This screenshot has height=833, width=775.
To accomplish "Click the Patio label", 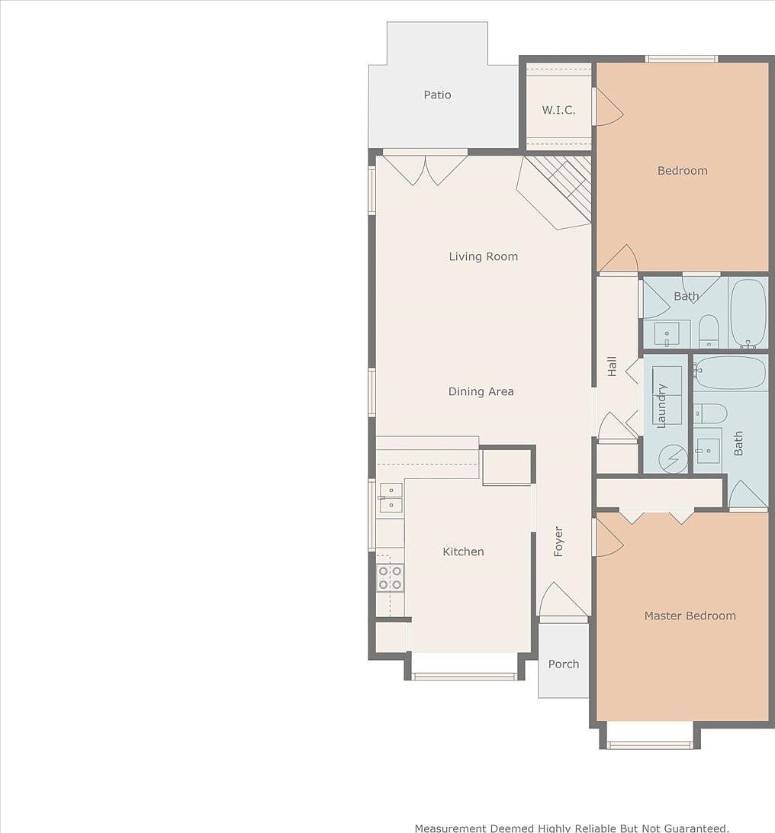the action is (437, 95).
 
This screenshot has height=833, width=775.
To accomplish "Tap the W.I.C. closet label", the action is (558, 110).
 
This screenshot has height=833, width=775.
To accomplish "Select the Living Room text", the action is (484, 256).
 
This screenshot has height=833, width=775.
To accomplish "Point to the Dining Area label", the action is (481, 391).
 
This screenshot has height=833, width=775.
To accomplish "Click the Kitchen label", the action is (463, 552).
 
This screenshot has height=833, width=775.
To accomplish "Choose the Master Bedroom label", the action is (690, 616).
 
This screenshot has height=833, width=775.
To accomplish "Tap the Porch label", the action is (564, 664).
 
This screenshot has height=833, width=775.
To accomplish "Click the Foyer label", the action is (558, 542).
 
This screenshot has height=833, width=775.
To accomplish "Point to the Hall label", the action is (612, 367).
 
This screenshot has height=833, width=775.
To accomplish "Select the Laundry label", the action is (661, 406).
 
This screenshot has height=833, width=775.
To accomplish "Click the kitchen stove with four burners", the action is (390, 578).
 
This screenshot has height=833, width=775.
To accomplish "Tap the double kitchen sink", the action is (391, 497).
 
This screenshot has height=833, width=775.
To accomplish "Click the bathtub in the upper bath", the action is (748, 314).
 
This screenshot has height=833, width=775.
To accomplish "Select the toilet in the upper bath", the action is (708, 332).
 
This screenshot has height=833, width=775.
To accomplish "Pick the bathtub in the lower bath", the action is (730, 373).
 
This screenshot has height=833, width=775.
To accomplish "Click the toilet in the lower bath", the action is (709, 413).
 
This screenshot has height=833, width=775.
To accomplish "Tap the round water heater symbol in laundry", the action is (673, 458).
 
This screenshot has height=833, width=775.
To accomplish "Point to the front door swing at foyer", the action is (563, 600).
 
